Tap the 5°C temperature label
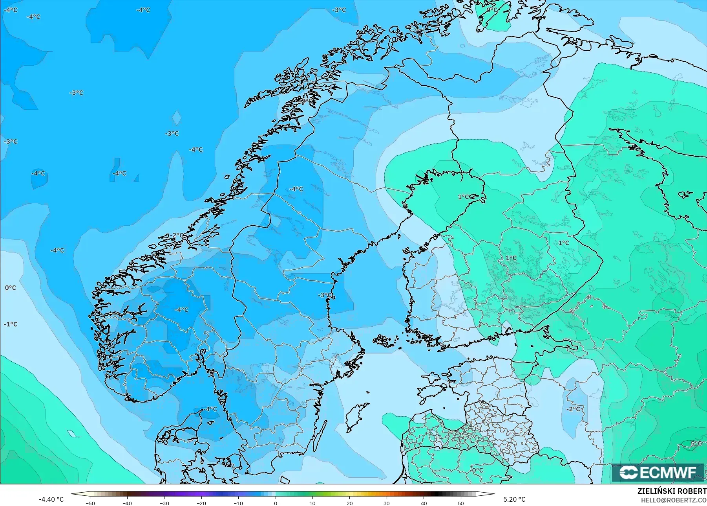[696, 443]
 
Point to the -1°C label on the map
[11, 324]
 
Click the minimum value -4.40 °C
[51, 499]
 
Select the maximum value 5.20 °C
[514, 499]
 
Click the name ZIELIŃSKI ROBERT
[672, 491]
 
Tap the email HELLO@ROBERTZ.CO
[674, 500]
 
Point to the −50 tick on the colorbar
[90, 503]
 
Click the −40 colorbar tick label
[127, 503]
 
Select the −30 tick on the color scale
[164, 503]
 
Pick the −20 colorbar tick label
[201, 503]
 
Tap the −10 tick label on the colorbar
[239, 503]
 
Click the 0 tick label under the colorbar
[276, 503]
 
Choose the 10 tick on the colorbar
[312, 503]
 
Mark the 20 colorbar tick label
[350, 503]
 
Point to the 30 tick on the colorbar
[387, 503]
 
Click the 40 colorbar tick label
[424, 503]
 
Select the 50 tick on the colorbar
[461, 503]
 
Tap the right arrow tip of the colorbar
[493, 494]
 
